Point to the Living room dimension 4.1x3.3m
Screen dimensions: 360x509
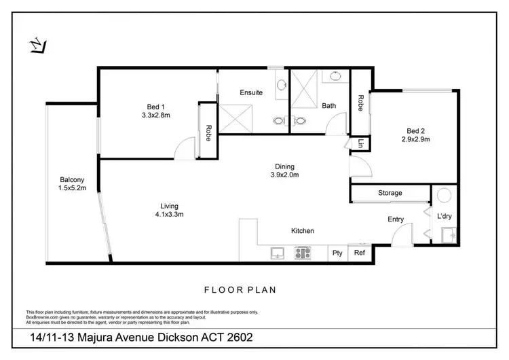point(169,214)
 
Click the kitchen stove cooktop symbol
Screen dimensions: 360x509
point(302,253)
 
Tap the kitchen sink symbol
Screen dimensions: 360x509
point(277,253)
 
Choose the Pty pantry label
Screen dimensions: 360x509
point(337,253)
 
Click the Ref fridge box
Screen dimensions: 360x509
point(360,253)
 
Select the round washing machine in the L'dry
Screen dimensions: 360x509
point(445,196)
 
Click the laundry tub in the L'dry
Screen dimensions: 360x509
point(448,235)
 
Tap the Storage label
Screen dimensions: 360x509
point(390,193)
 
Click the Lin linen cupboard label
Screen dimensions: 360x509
point(360,143)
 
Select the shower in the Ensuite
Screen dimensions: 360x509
point(237,120)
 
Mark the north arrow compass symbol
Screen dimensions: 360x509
point(39,46)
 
